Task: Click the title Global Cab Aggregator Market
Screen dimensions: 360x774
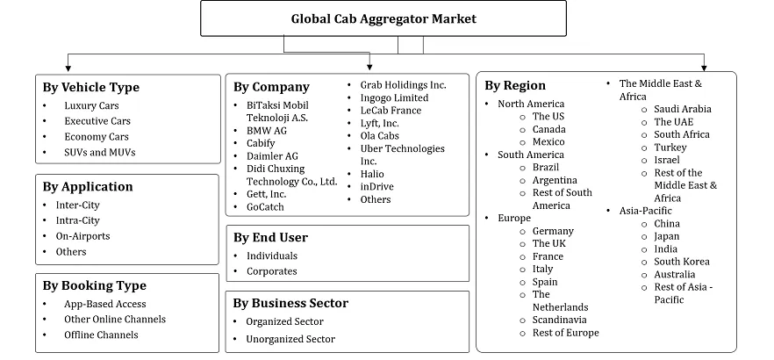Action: (371, 18)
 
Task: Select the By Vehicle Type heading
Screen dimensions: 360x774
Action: (91, 87)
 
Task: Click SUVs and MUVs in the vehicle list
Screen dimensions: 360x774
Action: (99, 153)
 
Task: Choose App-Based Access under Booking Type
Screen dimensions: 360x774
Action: (105, 304)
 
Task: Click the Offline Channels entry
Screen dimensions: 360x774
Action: (101, 335)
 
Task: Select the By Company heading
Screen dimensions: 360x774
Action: (271, 87)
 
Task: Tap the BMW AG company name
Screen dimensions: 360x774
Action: (267, 130)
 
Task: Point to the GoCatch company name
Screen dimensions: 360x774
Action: (266, 207)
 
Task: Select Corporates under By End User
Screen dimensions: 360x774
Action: (271, 271)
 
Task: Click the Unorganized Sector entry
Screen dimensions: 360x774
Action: (290, 339)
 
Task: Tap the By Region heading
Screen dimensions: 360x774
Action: (515, 85)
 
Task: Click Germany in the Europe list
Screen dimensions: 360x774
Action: (553, 231)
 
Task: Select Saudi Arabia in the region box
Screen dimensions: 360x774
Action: (683, 109)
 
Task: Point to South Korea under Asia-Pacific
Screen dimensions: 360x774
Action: (682, 262)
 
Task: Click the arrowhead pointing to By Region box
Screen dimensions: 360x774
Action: (704, 67)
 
